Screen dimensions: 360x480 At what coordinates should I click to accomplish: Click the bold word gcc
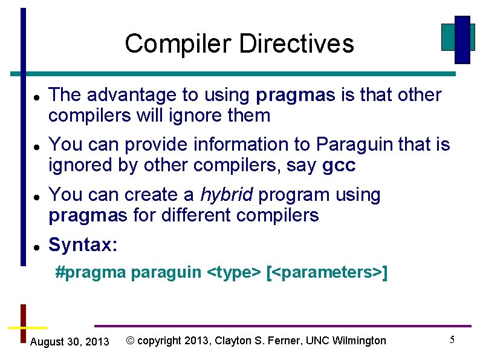[x=339, y=166]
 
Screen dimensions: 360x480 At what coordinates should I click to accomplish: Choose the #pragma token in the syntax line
[x=90, y=273]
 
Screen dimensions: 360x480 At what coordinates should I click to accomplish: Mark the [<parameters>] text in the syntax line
[x=326, y=273]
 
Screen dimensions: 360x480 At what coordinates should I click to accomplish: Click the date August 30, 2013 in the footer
[x=70, y=342]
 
